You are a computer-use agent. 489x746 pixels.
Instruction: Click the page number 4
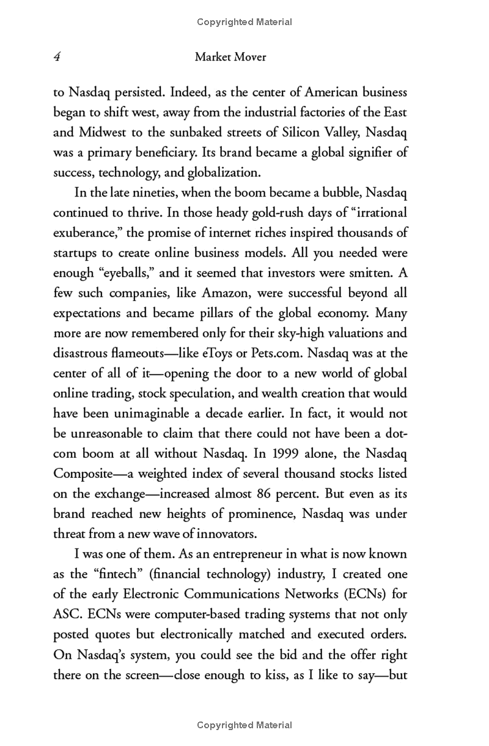pyautogui.click(x=56, y=58)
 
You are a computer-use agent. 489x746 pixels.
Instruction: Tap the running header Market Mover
pyautogui.click(x=230, y=58)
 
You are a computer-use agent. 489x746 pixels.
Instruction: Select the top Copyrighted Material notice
pyautogui.click(x=244, y=22)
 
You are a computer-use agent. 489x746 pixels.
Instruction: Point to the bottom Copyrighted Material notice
pyautogui.click(x=244, y=725)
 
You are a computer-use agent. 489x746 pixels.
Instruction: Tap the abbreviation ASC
pyautogui.click(x=68, y=614)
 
